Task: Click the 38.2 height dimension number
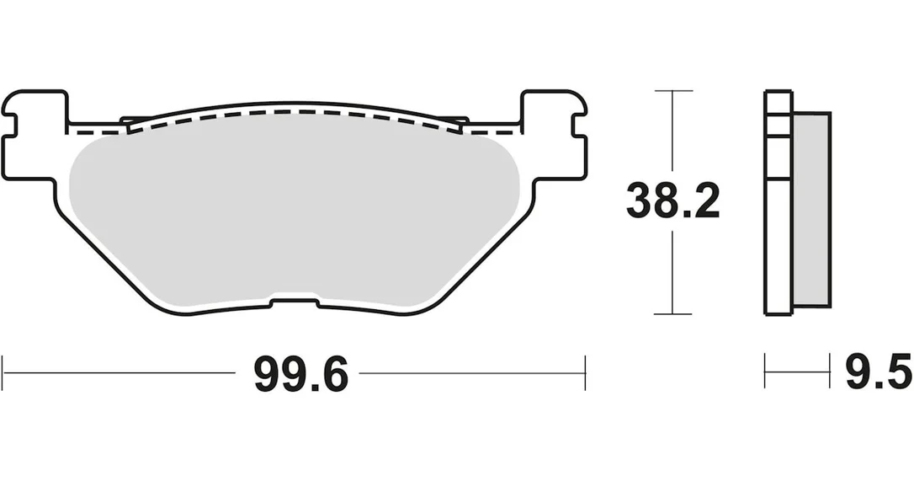pyautogui.click(x=672, y=200)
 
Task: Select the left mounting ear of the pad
pyautogui.click(x=35, y=135)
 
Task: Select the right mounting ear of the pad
pyautogui.click(x=553, y=135)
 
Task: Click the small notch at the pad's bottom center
pyautogui.click(x=295, y=302)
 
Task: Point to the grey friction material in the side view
pyautogui.click(x=811, y=209)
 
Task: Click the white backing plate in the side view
pyautogui.click(x=778, y=203)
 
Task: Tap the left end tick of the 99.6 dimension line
pyautogui.click(x=3, y=372)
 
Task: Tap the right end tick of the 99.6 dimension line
pyautogui.click(x=585, y=372)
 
